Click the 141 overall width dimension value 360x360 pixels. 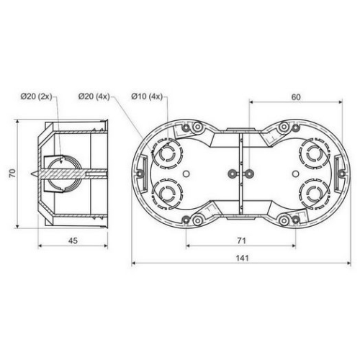tap(242, 258)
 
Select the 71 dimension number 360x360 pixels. tap(241, 240)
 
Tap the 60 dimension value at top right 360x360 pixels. tap(296, 97)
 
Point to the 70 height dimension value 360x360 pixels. tap(12, 173)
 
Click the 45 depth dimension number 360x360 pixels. tap(73, 240)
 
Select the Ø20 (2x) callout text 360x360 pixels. tap(36, 96)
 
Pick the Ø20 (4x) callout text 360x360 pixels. tap(94, 96)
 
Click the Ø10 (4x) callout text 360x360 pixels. tap(147, 96)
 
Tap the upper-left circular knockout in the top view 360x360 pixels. tap(167, 153)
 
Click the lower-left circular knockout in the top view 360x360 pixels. tap(167, 194)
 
